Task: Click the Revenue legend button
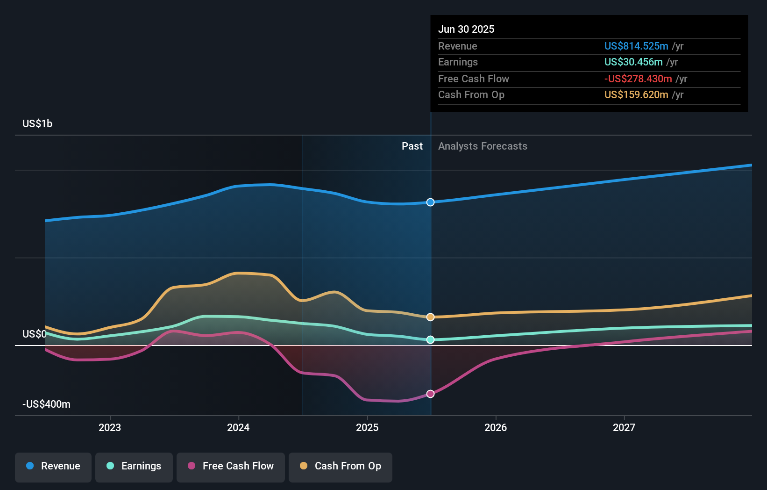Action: (53, 466)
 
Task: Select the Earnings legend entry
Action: (134, 466)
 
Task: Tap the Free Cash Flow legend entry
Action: (231, 466)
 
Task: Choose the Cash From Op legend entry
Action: (341, 466)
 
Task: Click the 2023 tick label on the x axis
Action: (110, 427)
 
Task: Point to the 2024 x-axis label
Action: (238, 427)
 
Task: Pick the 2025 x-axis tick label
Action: (367, 427)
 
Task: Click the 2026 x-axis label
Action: (496, 427)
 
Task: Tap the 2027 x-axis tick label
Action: (624, 427)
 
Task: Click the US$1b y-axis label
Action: (37, 123)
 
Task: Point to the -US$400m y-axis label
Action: (46, 404)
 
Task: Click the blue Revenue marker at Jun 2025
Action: (431, 202)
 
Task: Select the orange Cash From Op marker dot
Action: (431, 317)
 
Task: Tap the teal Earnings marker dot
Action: (431, 340)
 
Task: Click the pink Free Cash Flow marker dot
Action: (431, 394)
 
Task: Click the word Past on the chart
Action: (412, 146)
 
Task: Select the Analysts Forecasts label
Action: (483, 146)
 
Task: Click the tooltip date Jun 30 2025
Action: (466, 29)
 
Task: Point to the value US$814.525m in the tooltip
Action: (636, 46)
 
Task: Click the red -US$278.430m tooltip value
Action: (638, 79)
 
